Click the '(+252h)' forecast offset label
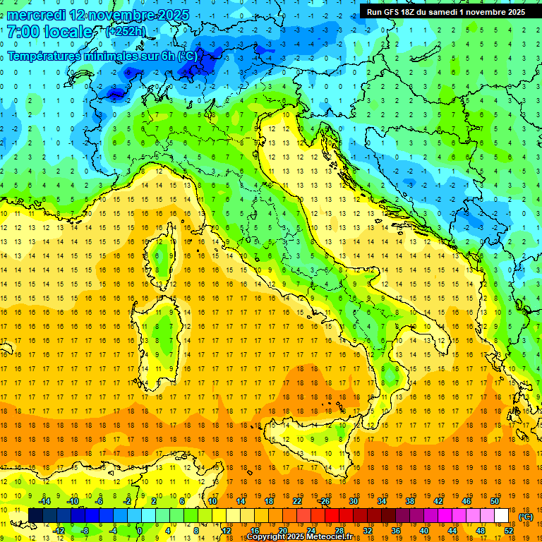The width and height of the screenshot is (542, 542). [126, 32]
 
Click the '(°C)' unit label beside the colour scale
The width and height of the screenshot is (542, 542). [526, 516]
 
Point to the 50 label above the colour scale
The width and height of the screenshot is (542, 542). [494, 501]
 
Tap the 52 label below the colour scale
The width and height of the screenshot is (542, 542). [508, 531]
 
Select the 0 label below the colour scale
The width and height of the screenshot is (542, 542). [140, 531]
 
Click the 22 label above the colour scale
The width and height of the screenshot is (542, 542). [296, 501]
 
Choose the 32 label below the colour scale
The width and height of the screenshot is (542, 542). [367, 531]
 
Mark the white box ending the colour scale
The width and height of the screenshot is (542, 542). [501, 516]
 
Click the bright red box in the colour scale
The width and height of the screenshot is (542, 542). [332, 516]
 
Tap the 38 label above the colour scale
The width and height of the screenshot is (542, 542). [409, 501]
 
